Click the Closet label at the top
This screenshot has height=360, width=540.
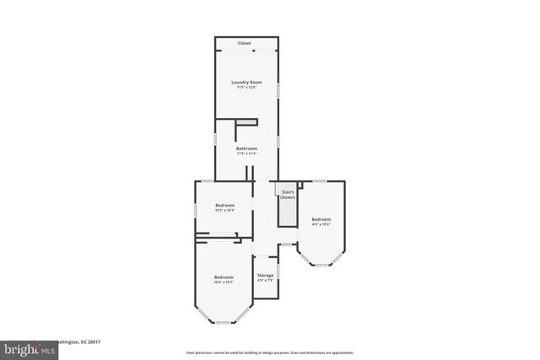[244, 43]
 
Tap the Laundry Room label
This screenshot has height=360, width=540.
[247, 82]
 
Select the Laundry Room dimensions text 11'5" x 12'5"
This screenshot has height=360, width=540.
[247, 87]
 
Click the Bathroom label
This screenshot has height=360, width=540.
[246, 149]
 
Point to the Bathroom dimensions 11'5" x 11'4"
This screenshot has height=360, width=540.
[246, 154]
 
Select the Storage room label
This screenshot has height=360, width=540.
[265, 275]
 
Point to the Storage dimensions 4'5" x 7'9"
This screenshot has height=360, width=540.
[265, 280]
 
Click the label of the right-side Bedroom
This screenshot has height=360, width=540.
[321, 219]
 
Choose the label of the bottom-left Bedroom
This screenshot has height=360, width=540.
[223, 277]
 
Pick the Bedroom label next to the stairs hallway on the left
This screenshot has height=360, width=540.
[224, 206]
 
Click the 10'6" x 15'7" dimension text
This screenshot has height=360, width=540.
[223, 282]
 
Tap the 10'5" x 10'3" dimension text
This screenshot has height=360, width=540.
[224, 211]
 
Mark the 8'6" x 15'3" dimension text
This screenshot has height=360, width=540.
[321, 224]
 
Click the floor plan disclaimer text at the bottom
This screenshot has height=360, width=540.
[270, 352]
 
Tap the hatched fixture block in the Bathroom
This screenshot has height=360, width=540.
[246, 122]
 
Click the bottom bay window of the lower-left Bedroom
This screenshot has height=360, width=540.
[223, 322]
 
